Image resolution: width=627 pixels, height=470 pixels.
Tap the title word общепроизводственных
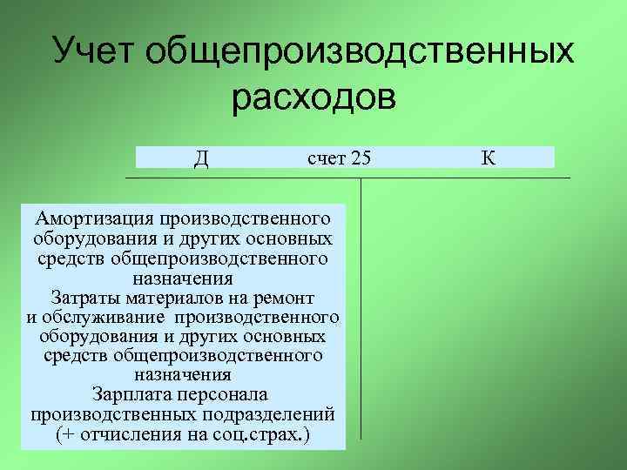pyautogui.click(x=359, y=52)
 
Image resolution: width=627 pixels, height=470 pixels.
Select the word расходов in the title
pyautogui.click(x=313, y=97)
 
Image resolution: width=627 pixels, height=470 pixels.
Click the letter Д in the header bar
pyautogui.click(x=200, y=158)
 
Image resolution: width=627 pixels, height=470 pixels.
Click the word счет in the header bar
pyautogui.click(x=326, y=158)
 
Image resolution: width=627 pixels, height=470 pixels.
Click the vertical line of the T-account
pyautogui.click(x=361, y=305)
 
